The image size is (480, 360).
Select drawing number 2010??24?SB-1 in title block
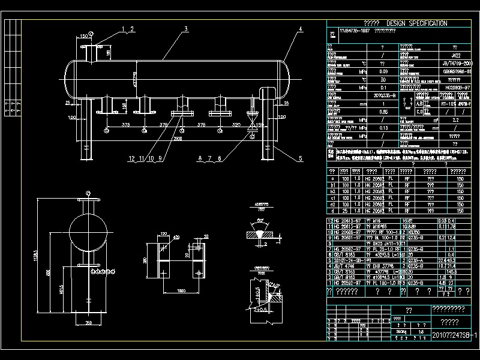pos(455,335)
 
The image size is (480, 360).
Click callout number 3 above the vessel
pos(186,29)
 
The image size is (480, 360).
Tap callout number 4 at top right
pos(300,29)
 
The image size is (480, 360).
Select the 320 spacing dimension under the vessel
pos(236,125)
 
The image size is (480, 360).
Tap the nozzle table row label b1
pos(332,185)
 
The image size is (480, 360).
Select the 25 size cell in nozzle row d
pos(346,211)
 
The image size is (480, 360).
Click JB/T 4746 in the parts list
pos(349,266)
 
